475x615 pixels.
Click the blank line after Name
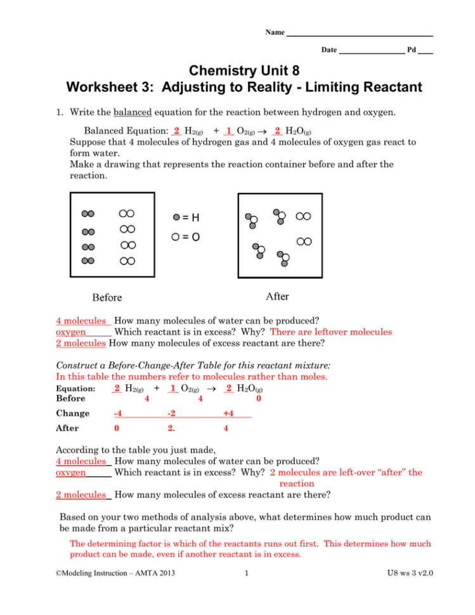click(359, 32)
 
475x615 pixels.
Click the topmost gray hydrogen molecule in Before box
click(88, 214)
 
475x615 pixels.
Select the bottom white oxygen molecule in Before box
click(127, 261)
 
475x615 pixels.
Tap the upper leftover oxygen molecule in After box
click(304, 216)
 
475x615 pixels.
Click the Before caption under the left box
click(107, 297)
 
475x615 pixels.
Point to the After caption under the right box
click(277, 296)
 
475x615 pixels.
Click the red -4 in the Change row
click(117, 414)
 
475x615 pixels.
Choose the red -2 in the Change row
click(171, 414)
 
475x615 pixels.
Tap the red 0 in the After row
click(116, 428)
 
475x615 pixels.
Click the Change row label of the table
click(73, 414)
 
